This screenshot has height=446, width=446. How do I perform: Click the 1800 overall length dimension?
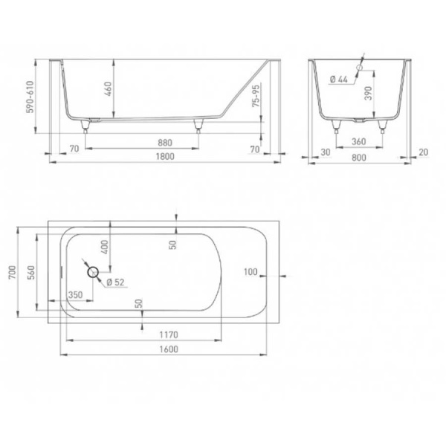(x=165, y=156)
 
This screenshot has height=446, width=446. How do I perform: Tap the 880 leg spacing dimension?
(x=165, y=143)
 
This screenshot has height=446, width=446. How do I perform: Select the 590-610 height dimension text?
(x=30, y=97)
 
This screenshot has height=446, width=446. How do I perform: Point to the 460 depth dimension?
(x=109, y=88)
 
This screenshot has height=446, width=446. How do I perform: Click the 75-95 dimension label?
(x=256, y=96)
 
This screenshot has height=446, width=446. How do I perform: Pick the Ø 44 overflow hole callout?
(x=339, y=79)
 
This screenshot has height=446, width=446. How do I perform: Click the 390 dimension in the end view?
(x=369, y=94)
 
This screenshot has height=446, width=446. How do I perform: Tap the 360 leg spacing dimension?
(x=359, y=141)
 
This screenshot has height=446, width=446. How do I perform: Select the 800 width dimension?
(x=359, y=158)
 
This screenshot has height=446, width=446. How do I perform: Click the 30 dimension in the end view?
(x=326, y=152)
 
